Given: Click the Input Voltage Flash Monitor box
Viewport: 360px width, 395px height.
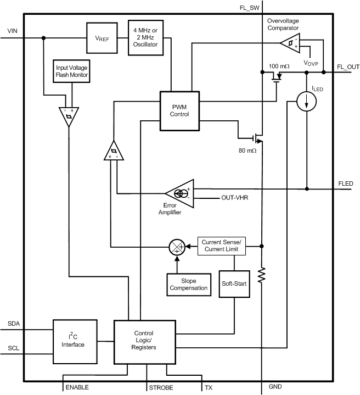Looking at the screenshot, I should click(70, 71).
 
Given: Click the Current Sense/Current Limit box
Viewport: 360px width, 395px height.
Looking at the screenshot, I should click(221, 245).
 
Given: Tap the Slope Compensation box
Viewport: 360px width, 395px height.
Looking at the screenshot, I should click(188, 283).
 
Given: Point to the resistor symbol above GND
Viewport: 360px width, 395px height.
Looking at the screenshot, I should click(262, 275).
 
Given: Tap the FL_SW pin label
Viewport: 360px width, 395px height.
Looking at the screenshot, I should click(249, 8).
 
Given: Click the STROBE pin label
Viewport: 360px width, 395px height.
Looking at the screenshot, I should click(161, 387).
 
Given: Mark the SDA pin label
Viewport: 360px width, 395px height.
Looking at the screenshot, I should click(14, 324).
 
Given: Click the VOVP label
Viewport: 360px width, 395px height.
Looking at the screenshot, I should click(312, 63).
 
